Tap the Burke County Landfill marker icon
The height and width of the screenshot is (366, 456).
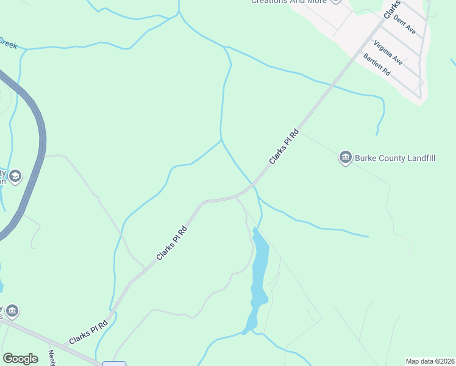[x=346, y=158]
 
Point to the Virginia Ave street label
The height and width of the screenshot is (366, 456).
[x=388, y=52]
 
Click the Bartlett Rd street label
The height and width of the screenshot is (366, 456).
[x=376, y=64]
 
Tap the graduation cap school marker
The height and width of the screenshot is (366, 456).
[x=15, y=177]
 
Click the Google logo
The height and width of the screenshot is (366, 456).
[x=20, y=359]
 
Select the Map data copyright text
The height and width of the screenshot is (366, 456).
[x=430, y=361]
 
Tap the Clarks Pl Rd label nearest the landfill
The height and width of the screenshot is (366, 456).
[x=285, y=146]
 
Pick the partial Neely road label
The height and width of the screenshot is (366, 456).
[x=52, y=357]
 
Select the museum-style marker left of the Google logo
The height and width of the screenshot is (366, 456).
[x=12, y=311]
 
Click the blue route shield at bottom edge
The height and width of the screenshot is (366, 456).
[x=114, y=364]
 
